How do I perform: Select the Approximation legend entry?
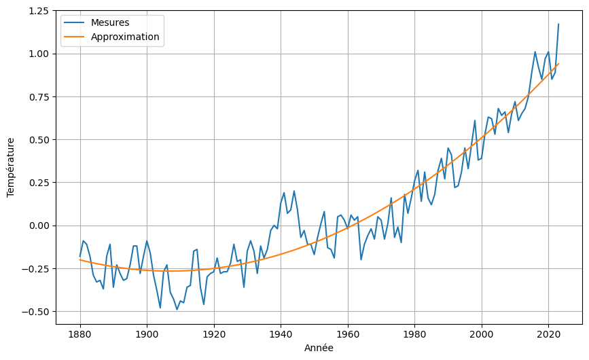click(125, 37)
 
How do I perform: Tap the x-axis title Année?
click(319, 348)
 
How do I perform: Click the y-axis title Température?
click(11, 167)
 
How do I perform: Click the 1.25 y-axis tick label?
click(39, 12)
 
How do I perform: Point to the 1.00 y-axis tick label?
click(39, 54)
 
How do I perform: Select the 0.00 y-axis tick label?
click(39, 226)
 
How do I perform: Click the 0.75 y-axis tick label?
click(39, 97)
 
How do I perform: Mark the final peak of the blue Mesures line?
click(558, 24)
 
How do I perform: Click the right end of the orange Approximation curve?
click(558, 64)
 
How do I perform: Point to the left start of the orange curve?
click(80, 259)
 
